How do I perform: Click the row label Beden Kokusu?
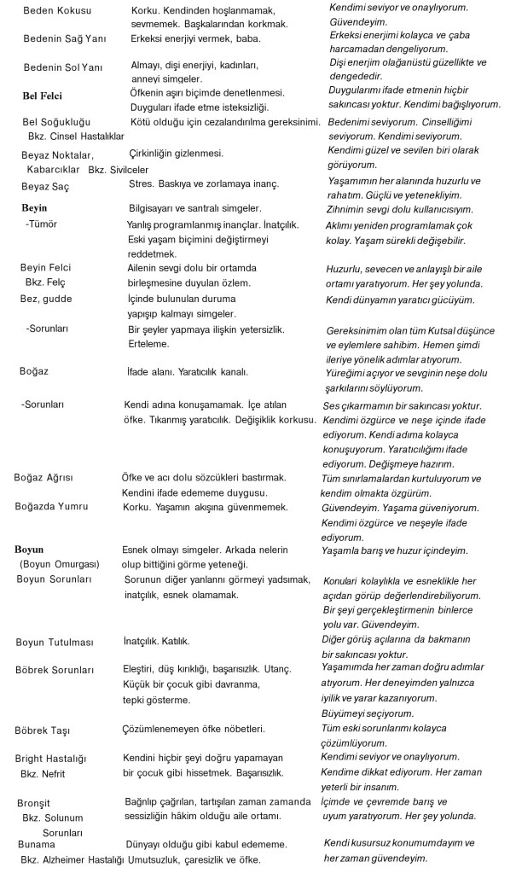click(57, 10)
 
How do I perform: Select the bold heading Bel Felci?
click(43, 96)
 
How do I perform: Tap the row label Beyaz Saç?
click(45, 186)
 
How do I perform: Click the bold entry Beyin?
click(34, 208)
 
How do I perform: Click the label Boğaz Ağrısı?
click(49, 476)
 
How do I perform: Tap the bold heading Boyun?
click(29, 550)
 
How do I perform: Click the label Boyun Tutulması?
click(57, 640)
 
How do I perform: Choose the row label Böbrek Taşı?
click(48, 730)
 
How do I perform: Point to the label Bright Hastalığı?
click(55, 758)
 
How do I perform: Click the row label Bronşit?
click(35, 803)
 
